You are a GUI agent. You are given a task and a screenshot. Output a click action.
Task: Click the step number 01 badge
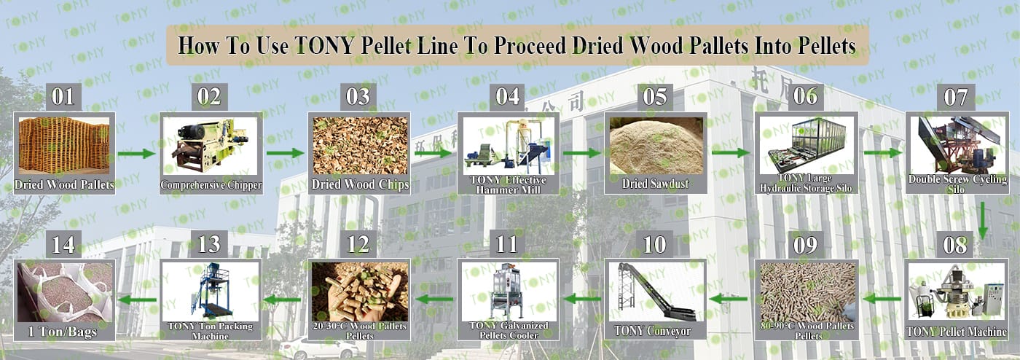pos(64,97)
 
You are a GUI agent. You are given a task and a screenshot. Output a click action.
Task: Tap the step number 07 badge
pos(955,97)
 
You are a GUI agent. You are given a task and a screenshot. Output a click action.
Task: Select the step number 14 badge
pos(64,244)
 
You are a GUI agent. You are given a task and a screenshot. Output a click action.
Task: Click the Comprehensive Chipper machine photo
pos(210,146)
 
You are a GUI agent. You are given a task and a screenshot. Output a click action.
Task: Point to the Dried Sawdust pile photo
pos(656,146)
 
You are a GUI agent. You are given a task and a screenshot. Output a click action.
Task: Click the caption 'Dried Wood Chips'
pos(360,184)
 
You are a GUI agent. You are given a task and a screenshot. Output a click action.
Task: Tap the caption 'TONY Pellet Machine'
pos(956,332)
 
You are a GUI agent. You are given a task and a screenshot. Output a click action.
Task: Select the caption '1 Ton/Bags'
pos(63,332)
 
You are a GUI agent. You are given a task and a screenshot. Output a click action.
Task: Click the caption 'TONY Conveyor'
pos(653,332)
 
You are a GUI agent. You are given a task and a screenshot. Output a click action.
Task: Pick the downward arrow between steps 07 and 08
pos(983,221)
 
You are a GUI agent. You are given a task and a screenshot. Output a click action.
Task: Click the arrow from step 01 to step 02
pos(136,154)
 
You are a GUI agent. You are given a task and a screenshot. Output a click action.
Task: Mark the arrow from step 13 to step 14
pos(137,300)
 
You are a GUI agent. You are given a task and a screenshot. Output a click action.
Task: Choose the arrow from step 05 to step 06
pos(730,153)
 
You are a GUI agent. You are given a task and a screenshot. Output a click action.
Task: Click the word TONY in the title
pos(324,46)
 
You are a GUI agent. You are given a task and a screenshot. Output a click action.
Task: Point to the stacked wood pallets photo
pos(64,145)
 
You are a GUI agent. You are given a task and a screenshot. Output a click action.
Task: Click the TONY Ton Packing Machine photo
pos(211,292)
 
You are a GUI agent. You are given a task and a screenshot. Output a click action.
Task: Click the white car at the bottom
pos(320,348)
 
